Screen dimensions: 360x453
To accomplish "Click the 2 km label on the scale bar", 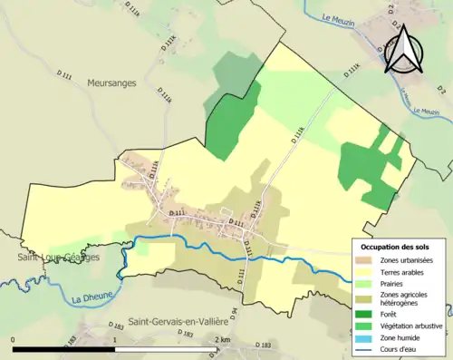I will tap(223, 339).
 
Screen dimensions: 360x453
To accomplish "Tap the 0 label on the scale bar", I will tap(14, 339).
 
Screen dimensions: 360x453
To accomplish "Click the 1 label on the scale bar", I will tap(116, 339).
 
